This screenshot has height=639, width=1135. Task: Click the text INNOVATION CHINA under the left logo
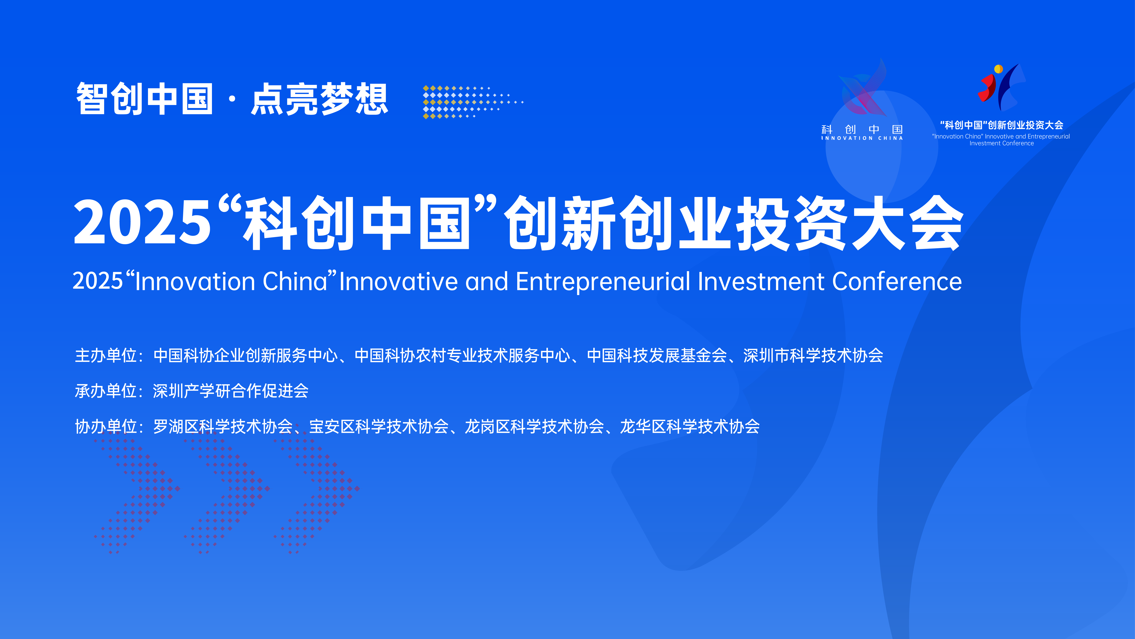coord(862,138)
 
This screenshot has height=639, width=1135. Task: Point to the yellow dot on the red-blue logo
coord(999,69)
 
